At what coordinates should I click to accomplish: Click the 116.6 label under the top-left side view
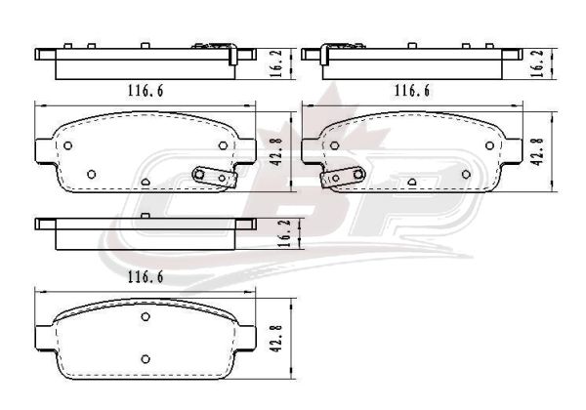146,91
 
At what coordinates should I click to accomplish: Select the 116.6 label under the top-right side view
412,91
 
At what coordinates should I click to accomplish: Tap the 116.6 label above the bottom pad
146,276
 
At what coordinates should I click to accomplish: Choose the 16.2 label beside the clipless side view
285,233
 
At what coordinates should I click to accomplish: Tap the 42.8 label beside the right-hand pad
537,152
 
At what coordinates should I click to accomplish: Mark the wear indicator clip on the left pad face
214,177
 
